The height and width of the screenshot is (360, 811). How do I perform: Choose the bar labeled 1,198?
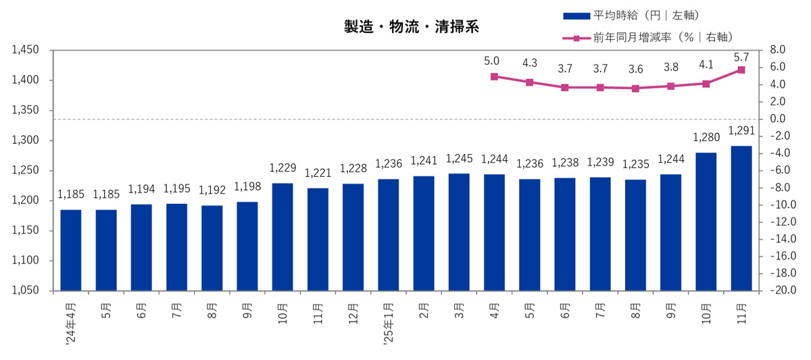tap(247, 246)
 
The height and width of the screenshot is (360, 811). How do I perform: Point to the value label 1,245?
tap(458, 160)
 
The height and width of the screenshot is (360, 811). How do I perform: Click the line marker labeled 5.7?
tap(741, 70)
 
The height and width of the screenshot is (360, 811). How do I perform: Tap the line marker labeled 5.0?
tap(494, 77)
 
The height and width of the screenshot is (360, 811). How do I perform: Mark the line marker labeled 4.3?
tap(529, 82)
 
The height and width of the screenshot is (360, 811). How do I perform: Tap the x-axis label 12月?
tap(353, 314)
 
